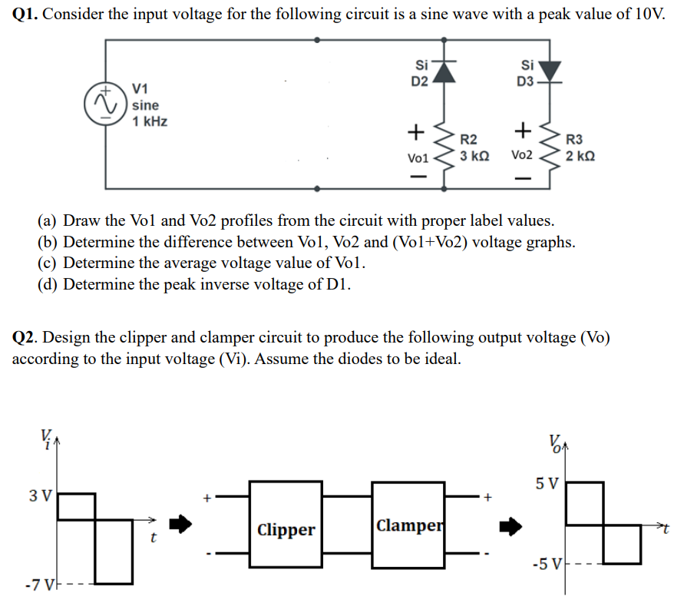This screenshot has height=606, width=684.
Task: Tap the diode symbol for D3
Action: pos(550,71)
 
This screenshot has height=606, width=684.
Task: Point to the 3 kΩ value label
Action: pos(474,155)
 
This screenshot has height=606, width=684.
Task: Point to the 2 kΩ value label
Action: pos(580,156)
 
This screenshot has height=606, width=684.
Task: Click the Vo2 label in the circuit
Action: pos(521,155)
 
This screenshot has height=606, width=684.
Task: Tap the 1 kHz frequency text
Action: pos(150,122)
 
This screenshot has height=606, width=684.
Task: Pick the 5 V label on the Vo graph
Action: pos(547,484)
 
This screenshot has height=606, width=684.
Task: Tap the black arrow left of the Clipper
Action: pos(179,525)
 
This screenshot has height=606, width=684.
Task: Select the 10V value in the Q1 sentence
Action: pos(646,16)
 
